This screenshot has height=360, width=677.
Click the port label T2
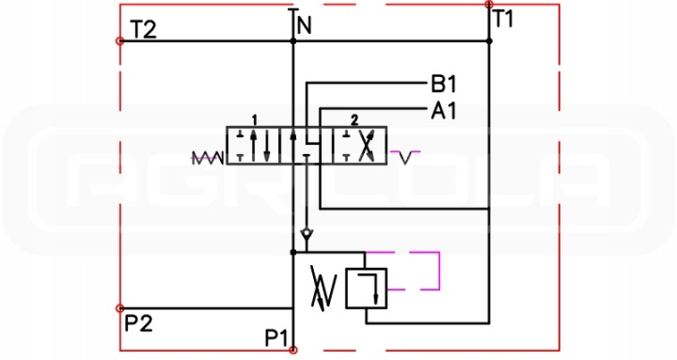[x=143, y=30]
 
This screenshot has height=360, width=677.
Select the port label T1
[x=503, y=19]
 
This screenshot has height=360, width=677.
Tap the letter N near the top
[x=305, y=26]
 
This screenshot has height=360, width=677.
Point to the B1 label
[x=444, y=84]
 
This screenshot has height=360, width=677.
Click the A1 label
[x=444, y=111]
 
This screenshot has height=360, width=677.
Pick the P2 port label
[x=138, y=322]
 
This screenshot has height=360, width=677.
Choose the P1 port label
[x=276, y=338]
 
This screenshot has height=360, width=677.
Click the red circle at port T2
[x=120, y=41]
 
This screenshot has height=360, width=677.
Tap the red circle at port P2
[x=120, y=308]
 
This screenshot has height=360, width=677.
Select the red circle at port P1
[x=293, y=350]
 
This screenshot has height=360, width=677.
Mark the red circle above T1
[x=489, y=5]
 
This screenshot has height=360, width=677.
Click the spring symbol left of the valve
[x=208, y=158]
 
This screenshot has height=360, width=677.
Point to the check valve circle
[x=307, y=235]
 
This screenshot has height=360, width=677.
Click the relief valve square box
[x=366, y=289]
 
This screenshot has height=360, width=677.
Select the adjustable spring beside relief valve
[x=323, y=289]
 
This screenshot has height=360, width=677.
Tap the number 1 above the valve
[x=255, y=119]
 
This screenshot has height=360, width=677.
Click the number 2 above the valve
[x=354, y=120]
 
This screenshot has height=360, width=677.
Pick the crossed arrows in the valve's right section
[x=366, y=146]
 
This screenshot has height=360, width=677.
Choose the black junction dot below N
[x=293, y=41]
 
